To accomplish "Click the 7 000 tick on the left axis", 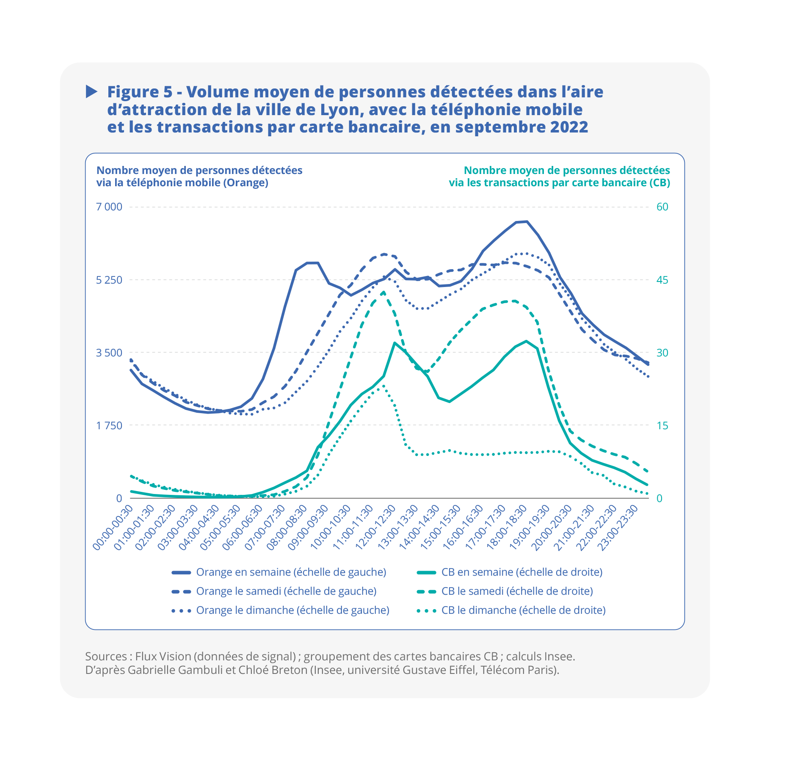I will click(109, 207).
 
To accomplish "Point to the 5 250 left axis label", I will click(109, 280).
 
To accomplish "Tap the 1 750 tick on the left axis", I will click(109, 425).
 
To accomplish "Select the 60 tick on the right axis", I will click(662, 207).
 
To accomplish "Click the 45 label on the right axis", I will click(662, 280).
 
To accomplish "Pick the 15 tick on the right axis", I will click(662, 425).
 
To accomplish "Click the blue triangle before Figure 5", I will click(91, 91).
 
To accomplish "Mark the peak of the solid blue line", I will click(526, 221).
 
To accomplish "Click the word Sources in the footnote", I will click(106, 657).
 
